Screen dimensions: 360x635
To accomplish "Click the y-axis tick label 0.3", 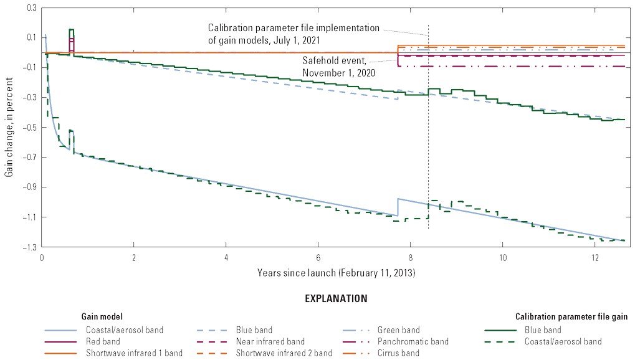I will pyautogui.click(x=29, y=8).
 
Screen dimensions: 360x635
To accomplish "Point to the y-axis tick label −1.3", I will pyautogui.click(x=28, y=247).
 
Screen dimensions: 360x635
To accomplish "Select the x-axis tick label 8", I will pyautogui.click(x=411, y=257).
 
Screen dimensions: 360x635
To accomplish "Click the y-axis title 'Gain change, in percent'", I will pyautogui.click(x=9, y=128).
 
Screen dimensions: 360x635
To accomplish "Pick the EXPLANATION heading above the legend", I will pyautogui.click(x=336, y=299).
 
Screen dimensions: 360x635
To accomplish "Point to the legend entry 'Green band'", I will pyautogui.click(x=399, y=330).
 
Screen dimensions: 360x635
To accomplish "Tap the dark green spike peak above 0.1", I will pyautogui.click(x=71, y=29).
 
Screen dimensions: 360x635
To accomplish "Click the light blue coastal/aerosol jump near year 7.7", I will pyautogui.click(x=398, y=207).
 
